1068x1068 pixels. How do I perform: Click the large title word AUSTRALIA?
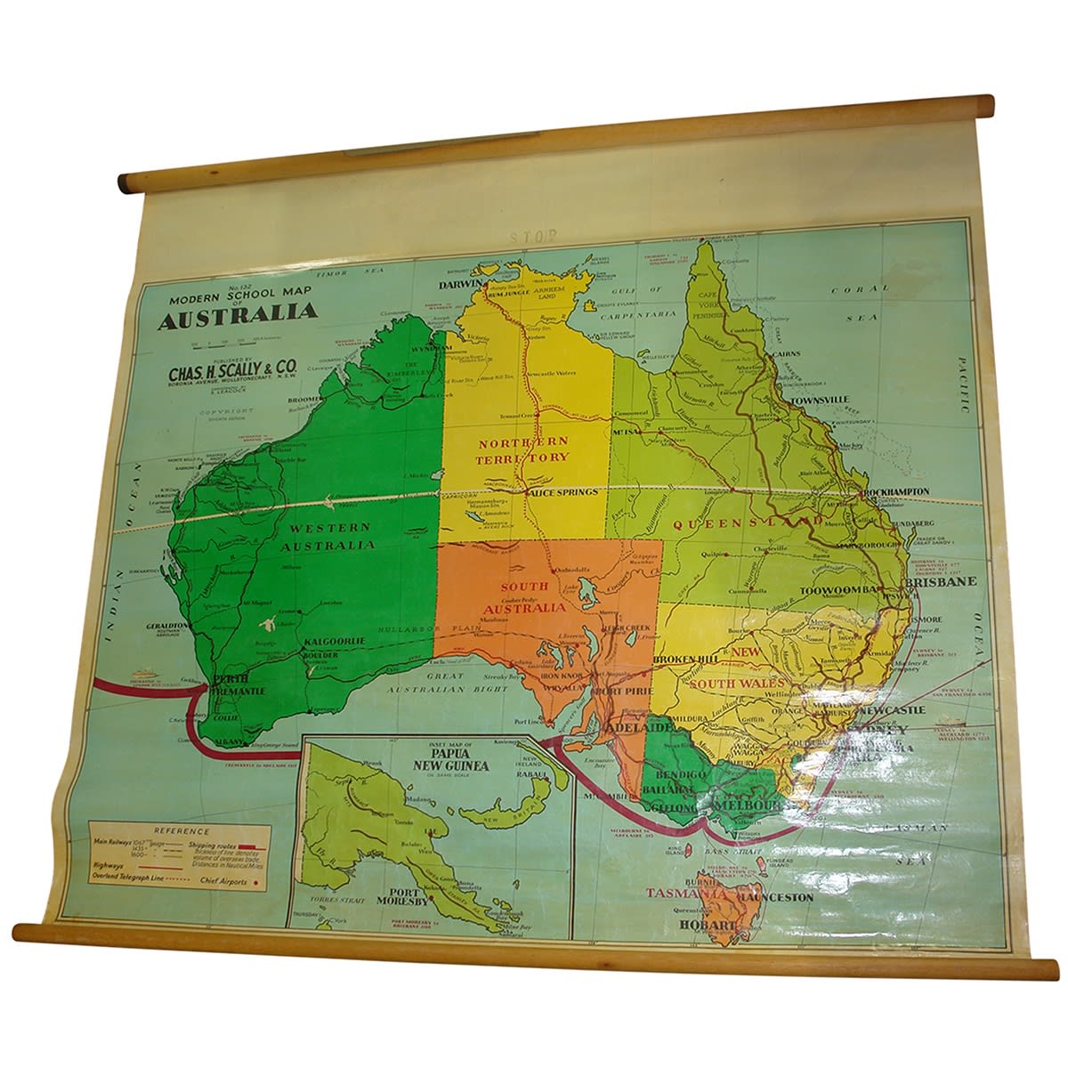coord(238,312)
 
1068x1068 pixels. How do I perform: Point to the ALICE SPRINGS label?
coord(562,491)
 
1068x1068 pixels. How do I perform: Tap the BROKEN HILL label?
coord(684,659)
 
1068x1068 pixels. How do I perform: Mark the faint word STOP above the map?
coord(533,238)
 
